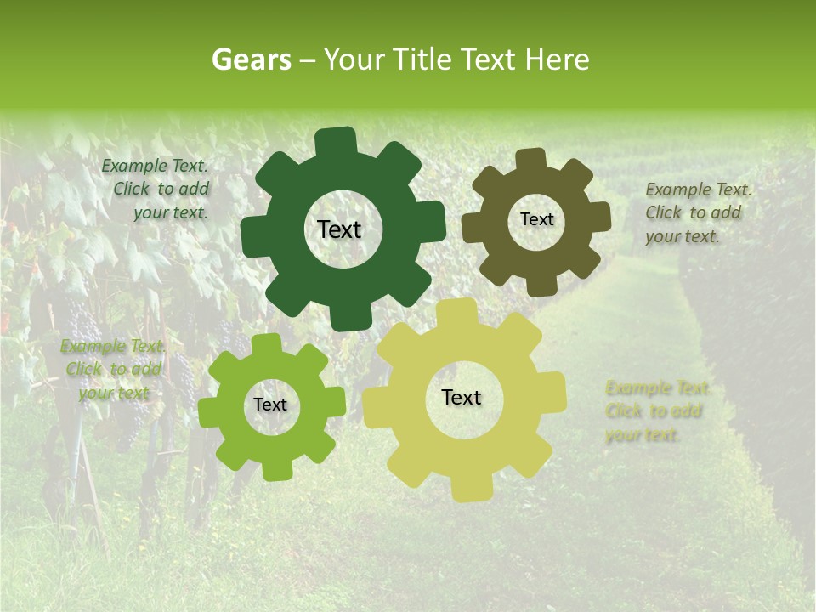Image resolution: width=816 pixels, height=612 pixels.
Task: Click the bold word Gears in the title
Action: point(251,59)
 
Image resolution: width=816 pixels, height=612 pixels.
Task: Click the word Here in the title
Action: point(558,59)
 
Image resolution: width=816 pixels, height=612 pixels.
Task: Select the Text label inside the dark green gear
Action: point(339,229)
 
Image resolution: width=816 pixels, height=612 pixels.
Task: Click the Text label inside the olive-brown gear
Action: point(536,219)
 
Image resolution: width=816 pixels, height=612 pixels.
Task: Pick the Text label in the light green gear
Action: point(270,405)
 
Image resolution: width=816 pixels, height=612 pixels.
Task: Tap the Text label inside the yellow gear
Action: point(462,397)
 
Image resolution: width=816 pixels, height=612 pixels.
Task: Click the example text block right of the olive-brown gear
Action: point(697,212)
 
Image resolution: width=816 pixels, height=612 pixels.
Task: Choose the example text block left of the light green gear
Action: point(113,370)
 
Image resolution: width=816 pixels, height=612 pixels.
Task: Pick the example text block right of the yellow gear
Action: point(656,411)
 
